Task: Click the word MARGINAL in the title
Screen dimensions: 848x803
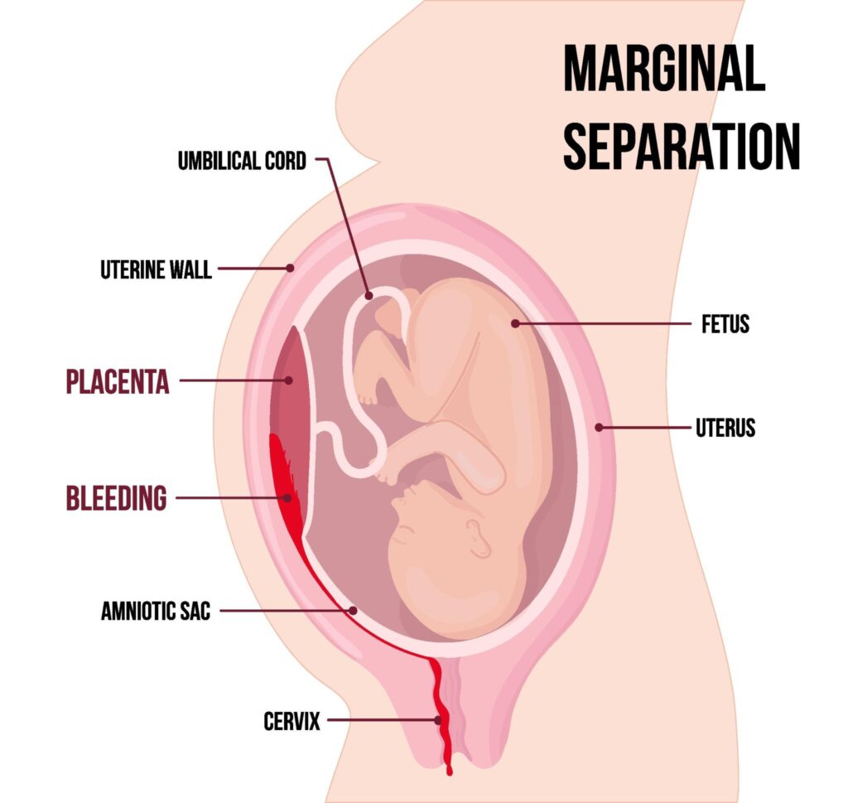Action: click(x=664, y=68)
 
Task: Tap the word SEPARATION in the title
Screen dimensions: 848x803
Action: click(x=682, y=146)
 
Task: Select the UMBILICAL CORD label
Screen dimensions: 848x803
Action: click(x=242, y=161)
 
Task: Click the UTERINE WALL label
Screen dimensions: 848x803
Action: click(x=156, y=269)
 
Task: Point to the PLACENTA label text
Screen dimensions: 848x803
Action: click(x=118, y=381)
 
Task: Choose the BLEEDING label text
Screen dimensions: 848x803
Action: click(x=116, y=498)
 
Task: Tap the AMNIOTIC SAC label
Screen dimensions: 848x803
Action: click(x=156, y=612)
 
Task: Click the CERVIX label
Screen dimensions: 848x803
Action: click(x=291, y=721)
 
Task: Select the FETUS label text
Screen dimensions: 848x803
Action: click(x=725, y=324)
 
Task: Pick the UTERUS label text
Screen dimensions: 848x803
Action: click(x=725, y=428)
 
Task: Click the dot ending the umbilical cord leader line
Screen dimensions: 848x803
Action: click(x=369, y=296)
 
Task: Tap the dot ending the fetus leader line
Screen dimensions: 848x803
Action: click(x=515, y=323)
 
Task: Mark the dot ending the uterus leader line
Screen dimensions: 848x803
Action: click(x=599, y=428)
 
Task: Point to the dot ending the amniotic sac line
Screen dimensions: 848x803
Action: click(x=353, y=611)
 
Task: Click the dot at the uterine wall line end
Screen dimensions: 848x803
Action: click(x=291, y=268)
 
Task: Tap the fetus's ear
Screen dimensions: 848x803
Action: click(x=479, y=538)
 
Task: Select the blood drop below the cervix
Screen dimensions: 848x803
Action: click(x=449, y=771)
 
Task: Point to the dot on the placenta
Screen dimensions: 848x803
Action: click(x=289, y=380)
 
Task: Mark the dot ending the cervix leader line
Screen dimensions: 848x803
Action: click(x=437, y=720)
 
